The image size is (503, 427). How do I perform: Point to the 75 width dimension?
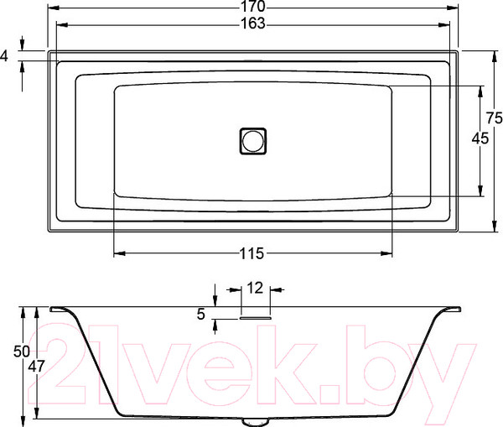494,117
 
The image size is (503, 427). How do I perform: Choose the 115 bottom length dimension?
253,253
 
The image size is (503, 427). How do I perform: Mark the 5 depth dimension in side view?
200,315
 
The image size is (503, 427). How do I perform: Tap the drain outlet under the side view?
252,419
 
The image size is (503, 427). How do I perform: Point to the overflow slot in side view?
256,317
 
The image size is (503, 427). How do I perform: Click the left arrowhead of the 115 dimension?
117,253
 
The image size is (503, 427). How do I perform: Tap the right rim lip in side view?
450,310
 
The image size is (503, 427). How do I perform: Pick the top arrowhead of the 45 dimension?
480,90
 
